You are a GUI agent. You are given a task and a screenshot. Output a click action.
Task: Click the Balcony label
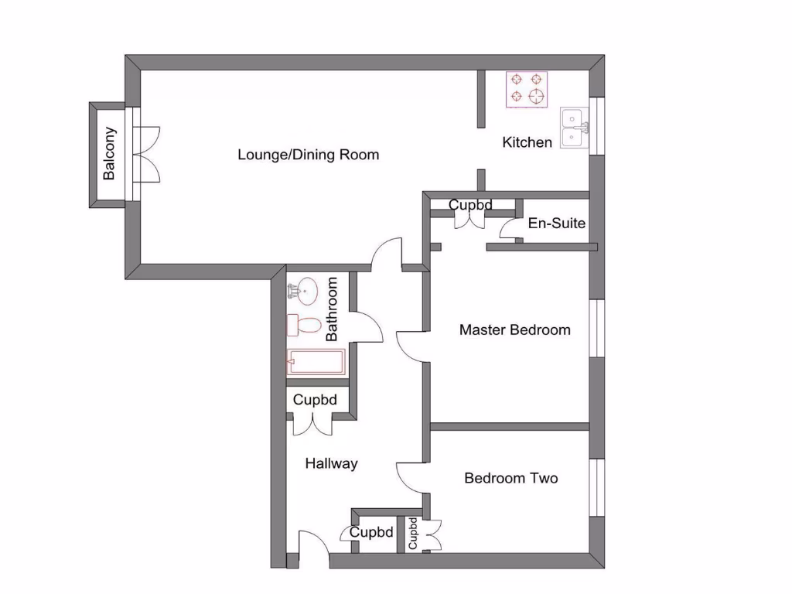pos(109,153)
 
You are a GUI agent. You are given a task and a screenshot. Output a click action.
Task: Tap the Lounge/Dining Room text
pos(308,155)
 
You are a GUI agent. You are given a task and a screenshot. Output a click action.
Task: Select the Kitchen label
pos(527,142)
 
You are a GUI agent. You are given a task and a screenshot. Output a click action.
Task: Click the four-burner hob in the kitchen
pos(527,88)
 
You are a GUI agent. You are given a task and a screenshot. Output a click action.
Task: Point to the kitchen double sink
pos(573,128)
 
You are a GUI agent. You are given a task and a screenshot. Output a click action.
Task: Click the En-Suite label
pos(556,224)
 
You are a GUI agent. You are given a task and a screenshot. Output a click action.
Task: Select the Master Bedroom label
pos(514,330)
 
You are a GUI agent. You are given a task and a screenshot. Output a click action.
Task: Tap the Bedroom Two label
pos(510,478)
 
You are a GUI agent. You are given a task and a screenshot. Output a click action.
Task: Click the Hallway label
pos(331,464)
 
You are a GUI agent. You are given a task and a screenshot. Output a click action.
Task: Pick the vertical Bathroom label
pos(333,309)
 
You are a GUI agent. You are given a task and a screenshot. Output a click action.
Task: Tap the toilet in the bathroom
pos(304,325)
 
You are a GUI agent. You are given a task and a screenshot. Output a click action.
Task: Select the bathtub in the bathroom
pos(316,360)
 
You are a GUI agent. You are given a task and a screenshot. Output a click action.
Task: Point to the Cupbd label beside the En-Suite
pos(471,205)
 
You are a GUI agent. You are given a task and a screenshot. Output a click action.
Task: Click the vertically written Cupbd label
pos(413,534)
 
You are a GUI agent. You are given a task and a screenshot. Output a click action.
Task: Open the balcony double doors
pos(148,154)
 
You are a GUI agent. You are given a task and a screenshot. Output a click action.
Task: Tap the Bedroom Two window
pos(596,487)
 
